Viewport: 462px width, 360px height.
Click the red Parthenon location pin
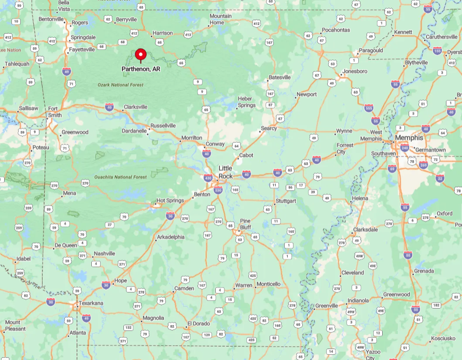click(x=141, y=54)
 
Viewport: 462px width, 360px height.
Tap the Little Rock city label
click(x=226, y=172)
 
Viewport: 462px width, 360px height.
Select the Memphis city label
click(x=409, y=138)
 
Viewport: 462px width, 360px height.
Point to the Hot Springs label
click(x=170, y=200)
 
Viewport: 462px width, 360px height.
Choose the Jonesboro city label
click(x=355, y=71)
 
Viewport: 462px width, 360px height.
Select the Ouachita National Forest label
click(x=121, y=177)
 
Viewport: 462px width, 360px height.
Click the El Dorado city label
click(x=199, y=324)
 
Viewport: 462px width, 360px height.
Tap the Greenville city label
click(x=326, y=306)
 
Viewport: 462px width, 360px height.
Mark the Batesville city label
click(x=279, y=78)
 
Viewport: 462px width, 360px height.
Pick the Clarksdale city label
click(x=366, y=229)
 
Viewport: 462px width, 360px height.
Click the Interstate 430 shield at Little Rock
click(x=208, y=178)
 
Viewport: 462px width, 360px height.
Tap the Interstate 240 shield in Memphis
click(x=404, y=148)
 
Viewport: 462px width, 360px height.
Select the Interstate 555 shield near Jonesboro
click(x=369, y=108)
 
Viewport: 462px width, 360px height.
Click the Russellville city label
click(x=163, y=126)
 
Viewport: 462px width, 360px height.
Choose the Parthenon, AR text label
click(x=141, y=69)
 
